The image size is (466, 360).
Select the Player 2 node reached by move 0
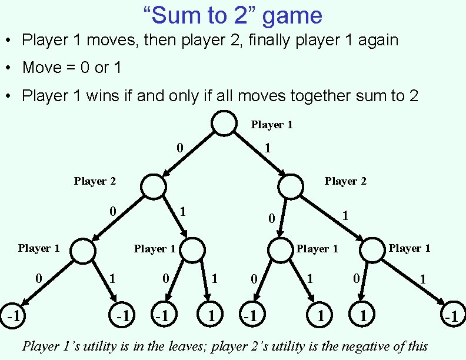pyautogui.click(x=154, y=186)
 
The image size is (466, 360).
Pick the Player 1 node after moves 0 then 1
pyautogui.click(x=192, y=249)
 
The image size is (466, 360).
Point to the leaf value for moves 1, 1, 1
pyautogui.click(x=451, y=316)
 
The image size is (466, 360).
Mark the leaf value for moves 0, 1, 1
pyautogui.click(x=210, y=316)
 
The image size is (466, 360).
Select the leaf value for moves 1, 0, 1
pyautogui.click(x=320, y=316)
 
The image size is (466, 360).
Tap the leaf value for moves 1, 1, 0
pyautogui.click(x=363, y=316)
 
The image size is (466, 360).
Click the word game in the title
pyautogui.click(x=292, y=16)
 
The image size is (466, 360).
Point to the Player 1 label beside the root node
pyautogui.click(x=272, y=125)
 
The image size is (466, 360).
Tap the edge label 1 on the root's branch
pyautogui.click(x=267, y=148)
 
